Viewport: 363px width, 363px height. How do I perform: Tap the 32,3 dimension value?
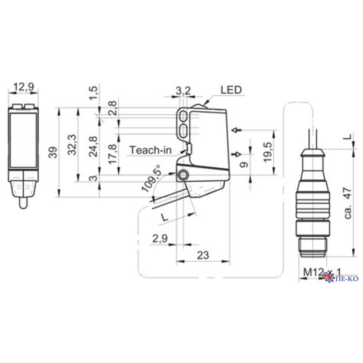[72, 145]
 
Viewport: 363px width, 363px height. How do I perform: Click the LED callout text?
[231, 89]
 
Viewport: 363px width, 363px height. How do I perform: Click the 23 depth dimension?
[203, 255]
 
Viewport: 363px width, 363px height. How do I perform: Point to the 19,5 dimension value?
[266, 152]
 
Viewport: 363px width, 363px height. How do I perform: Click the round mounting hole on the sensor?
[184, 175]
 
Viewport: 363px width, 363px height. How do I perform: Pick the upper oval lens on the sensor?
[183, 116]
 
